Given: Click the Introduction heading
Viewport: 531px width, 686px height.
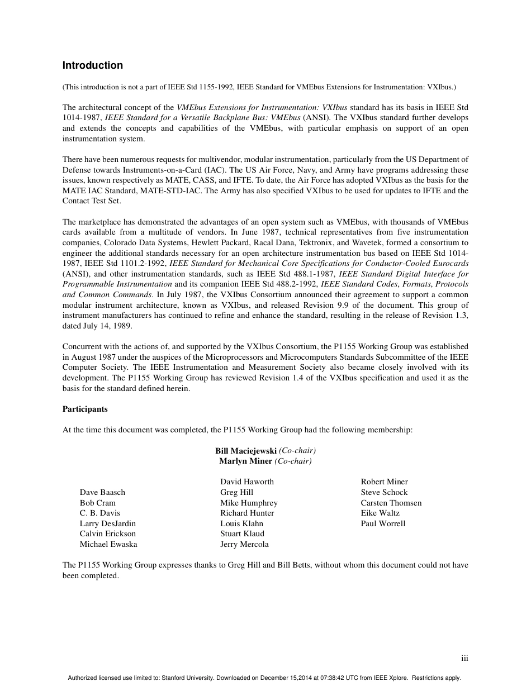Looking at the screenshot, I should (x=92, y=65).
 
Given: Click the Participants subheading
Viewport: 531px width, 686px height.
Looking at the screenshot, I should (x=85, y=409).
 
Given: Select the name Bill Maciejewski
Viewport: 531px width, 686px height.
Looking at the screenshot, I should (x=246, y=450).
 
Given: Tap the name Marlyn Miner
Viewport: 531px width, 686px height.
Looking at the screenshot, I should (x=245, y=461).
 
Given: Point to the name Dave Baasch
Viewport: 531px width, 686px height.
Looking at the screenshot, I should (x=102, y=492).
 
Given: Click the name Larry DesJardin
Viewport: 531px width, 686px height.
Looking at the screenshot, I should (x=107, y=523).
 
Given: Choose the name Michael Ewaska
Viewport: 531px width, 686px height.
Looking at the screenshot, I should (x=108, y=544).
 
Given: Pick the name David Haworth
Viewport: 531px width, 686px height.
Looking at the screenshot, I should (x=247, y=482).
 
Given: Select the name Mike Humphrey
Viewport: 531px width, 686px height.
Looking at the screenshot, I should (x=249, y=503).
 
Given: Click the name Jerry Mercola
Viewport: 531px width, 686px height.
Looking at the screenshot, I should (x=244, y=544).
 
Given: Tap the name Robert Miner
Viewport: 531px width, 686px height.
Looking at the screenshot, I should (x=384, y=482).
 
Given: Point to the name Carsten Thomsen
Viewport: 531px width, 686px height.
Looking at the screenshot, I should (x=391, y=503).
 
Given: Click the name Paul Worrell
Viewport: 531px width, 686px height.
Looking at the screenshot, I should (x=383, y=523).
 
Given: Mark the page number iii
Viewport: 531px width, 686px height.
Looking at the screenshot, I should (x=464, y=659).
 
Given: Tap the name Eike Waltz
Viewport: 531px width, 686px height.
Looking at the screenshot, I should (x=380, y=513).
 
